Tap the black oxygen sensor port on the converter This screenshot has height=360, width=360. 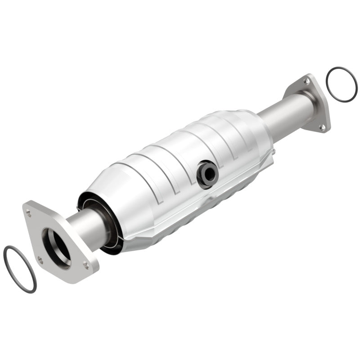click(207, 173)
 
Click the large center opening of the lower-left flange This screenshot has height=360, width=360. click(56, 245)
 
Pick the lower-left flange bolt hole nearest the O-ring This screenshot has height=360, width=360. click(40, 259)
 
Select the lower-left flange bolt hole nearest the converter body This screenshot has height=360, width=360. click(85, 265)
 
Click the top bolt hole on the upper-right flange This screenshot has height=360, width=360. click(306, 81)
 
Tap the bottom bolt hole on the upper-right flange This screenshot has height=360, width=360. click(322, 127)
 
